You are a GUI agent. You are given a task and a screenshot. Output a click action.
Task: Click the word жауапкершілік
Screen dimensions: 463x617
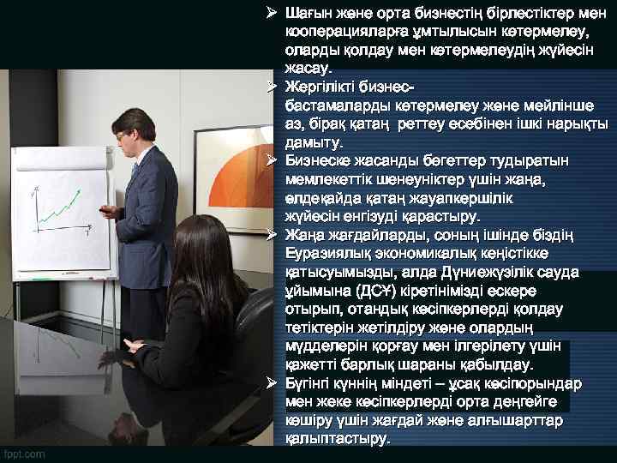pos(463,198)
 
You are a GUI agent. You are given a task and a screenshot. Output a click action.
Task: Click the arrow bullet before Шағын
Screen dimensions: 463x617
pos(271,12)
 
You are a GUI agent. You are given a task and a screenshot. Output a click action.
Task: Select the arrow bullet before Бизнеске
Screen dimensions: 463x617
pos(271,161)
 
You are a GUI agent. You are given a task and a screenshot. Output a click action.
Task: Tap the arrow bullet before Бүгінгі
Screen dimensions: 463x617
pos(271,383)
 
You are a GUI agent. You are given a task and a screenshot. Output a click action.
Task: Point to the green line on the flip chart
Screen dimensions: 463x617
pos(55,210)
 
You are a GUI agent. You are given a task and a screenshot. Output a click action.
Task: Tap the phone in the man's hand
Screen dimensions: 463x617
pos(109,208)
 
